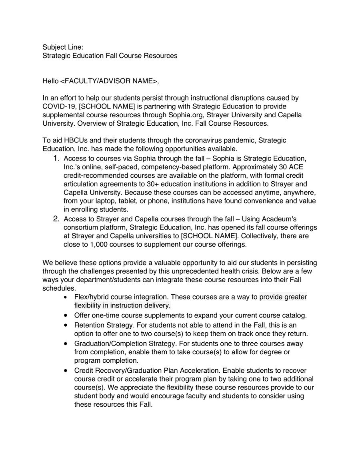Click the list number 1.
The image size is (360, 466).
click(56, 158)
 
